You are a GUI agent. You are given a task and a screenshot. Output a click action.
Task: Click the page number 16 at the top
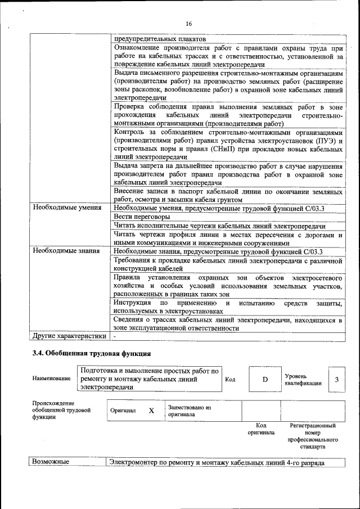click(x=188, y=23)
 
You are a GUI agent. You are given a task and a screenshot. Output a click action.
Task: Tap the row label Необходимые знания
click(x=66, y=251)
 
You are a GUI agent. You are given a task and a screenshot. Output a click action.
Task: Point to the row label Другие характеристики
click(x=69, y=336)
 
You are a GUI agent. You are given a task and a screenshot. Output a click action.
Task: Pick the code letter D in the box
click(x=265, y=380)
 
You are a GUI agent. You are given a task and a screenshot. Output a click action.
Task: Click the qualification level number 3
click(x=336, y=380)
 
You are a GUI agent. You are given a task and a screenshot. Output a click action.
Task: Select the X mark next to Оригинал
click(x=151, y=411)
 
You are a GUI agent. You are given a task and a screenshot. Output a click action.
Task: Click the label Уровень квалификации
click(x=303, y=379)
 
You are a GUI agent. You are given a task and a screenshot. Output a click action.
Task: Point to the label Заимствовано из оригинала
click(x=189, y=411)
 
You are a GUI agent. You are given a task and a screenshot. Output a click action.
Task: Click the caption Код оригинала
click(x=261, y=429)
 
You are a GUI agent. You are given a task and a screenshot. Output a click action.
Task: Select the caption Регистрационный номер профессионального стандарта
click(x=313, y=436)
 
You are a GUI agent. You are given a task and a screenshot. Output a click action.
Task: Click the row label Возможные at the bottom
click(x=51, y=462)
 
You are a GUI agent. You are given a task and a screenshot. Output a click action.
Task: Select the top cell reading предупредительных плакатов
click(x=160, y=39)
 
